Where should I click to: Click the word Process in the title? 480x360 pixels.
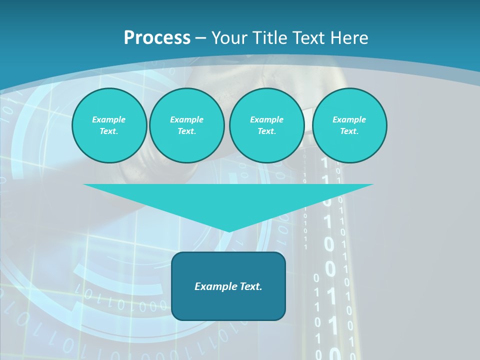point(157,38)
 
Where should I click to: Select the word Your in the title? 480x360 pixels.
point(229,38)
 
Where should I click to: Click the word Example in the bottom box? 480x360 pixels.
point(213,286)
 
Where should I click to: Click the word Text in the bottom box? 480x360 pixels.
point(248,286)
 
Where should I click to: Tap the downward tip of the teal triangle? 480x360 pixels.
point(229,230)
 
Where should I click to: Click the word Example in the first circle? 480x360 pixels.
point(109,120)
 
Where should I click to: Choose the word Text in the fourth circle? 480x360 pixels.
point(349,131)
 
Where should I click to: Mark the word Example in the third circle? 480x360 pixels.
point(266,120)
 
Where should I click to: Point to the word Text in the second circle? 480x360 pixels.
point(186,131)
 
